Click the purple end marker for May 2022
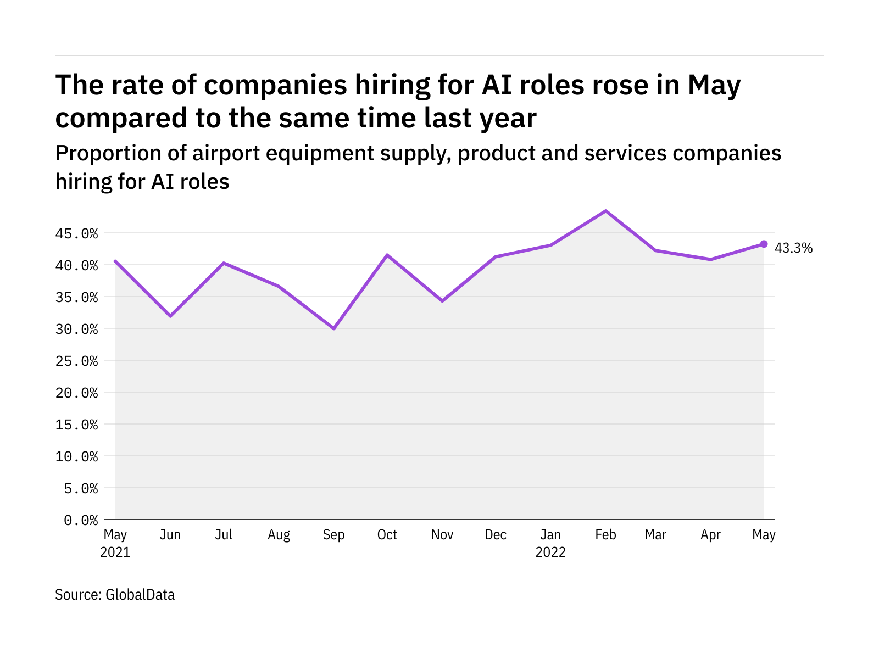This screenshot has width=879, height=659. tap(764, 244)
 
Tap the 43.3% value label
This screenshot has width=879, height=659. tap(793, 248)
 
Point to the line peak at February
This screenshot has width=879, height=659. tap(605, 211)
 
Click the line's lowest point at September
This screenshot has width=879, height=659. tap(333, 328)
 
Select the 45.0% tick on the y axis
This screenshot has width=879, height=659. tap(76, 234)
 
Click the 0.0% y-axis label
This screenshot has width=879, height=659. tap(81, 520)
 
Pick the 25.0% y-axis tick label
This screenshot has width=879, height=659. tap(76, 361)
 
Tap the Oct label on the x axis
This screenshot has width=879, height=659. tap(387, 535)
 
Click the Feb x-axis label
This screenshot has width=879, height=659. tap(605, 535)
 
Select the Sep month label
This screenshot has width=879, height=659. tap(333, 535)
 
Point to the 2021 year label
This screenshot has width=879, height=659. tap(115, 552)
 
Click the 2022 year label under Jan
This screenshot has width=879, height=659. tap(550, 552)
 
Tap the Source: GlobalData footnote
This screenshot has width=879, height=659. tap(115, 595)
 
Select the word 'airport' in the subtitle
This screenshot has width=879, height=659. tap(226, 153)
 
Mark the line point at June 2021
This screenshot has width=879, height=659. tap(170, 316)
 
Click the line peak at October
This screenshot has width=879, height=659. tap(387, 255)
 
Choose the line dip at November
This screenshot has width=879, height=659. tap(442, 301)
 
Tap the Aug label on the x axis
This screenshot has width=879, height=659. tap(279, 535)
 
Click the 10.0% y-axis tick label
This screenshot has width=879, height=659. tap(76, 456)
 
